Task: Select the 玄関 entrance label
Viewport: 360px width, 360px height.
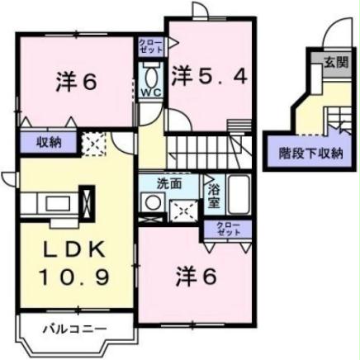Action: pyautogui.click(x=334, y=61)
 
